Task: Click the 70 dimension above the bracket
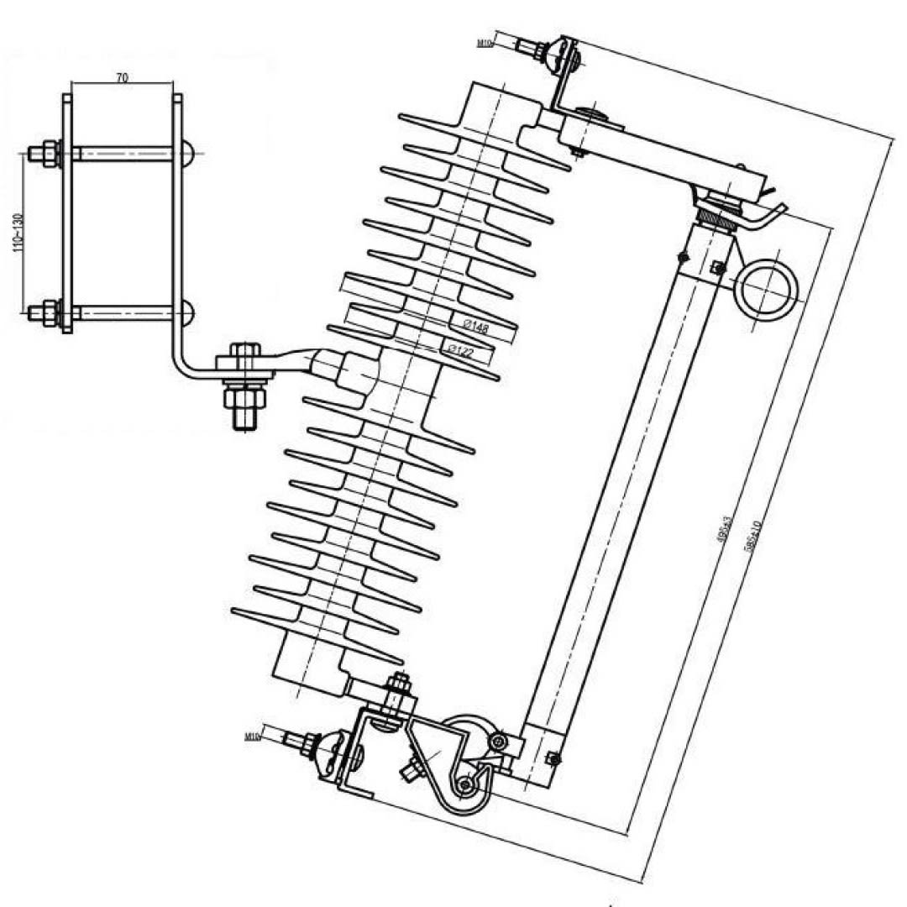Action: point(122,77)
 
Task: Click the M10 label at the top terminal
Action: point(485,43)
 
